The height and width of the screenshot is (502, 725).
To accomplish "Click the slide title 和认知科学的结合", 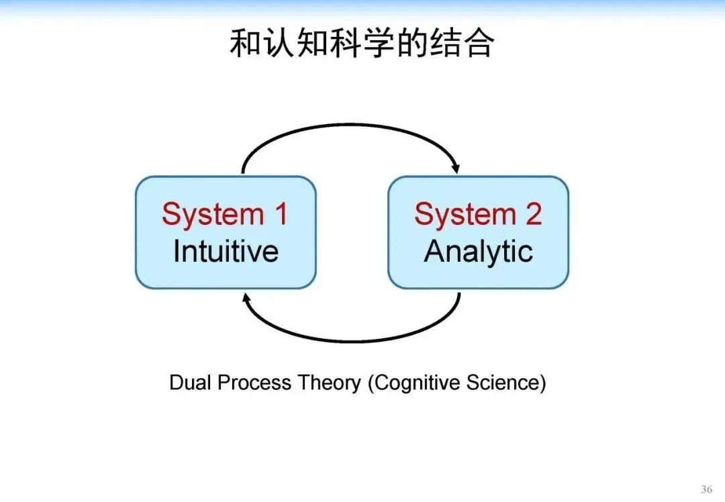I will (362, 44).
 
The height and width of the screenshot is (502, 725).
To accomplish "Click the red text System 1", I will (225, 214).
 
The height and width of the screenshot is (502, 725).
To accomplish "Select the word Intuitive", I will (226, 251).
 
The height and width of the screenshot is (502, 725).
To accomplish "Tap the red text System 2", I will (478, 214).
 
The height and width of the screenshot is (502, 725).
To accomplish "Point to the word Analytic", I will (478, 251).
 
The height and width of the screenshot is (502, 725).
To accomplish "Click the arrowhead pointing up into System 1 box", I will (246, 297).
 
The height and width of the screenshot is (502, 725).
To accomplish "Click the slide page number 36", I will (706, 489).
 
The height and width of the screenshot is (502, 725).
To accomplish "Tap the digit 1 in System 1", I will (280, 214).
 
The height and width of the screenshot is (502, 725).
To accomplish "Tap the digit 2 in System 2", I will (532, 214).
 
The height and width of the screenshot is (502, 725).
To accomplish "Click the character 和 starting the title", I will (245, 44).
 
